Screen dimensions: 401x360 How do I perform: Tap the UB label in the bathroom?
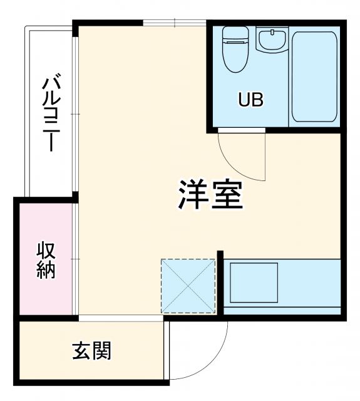click(250, 100)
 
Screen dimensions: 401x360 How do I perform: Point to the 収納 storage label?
click(46, 260)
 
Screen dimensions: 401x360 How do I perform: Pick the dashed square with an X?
click(188, 286)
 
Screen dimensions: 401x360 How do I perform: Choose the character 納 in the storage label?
click(46, 270)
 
